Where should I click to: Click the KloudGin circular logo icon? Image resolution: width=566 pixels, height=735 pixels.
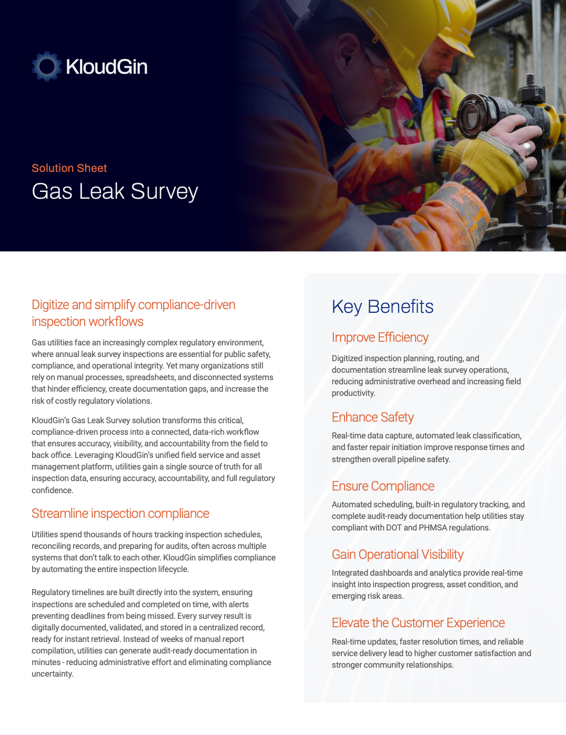pos(47,66)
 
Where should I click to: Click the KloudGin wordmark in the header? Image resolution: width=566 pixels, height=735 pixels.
pos(107,67)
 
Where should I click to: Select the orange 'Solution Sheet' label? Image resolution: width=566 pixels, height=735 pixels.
pos(69,168)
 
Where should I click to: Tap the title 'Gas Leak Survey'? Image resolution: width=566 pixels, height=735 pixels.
pos(115,191)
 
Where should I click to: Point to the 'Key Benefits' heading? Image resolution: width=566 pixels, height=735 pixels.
pos(382,307)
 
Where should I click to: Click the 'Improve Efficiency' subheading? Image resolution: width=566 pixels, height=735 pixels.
pos(380,338)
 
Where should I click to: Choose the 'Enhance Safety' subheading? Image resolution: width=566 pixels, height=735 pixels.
pos(372,417)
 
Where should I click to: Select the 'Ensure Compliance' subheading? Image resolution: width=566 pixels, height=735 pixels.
pos(383,486)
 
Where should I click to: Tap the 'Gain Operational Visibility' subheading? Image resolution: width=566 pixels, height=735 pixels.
pos(397,555)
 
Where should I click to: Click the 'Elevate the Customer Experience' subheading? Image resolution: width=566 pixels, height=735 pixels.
pos(418,623)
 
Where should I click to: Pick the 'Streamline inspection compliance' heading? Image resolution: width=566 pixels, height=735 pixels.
pos(120,514)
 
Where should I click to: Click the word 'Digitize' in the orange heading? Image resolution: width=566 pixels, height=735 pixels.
pos(50,305)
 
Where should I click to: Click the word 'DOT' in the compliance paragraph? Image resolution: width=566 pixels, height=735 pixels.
pos(393,528)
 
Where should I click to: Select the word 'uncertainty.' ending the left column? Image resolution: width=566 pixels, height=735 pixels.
pos(53,674)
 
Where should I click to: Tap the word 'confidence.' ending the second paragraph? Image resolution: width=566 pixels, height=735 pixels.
pos(53,491)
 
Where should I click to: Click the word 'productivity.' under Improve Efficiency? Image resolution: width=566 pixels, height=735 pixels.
pos(353,393)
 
